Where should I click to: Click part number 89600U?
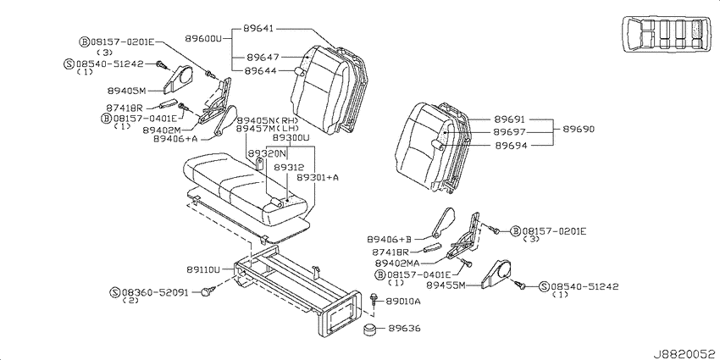pos(203,39)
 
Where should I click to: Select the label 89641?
pos(258,29)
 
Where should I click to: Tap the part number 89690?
pos(579,130)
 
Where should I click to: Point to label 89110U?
pos(203,270)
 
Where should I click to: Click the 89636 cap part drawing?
pos(371,330)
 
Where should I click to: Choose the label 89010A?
pos(403,302)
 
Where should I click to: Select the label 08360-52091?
pos(156,292)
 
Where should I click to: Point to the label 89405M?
pos(126,91)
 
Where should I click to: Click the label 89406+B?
pos(390,239)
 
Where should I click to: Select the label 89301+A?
pos(318,177)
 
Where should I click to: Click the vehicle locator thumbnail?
pos(665,34)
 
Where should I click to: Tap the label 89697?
pos(510,132)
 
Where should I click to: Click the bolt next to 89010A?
pos(374,301)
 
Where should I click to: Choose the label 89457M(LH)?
pos(268,129)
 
